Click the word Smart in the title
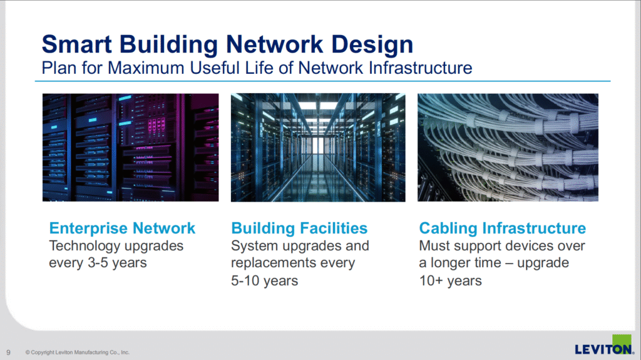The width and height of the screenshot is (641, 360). point(77,44)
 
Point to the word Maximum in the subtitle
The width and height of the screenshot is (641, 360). point(146,68)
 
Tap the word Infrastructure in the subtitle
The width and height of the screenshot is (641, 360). point(420,68)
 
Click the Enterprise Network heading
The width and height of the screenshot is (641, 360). point(122,228)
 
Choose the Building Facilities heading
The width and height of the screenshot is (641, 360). point(299,229)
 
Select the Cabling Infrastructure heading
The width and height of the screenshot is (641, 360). point(503,229)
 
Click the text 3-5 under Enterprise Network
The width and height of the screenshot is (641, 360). point(98,262)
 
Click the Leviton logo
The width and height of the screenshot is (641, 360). point(605,345)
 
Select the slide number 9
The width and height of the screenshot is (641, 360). point(9,352)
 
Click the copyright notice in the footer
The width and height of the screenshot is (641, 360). point(77,352)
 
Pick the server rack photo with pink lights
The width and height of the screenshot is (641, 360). point(130,147)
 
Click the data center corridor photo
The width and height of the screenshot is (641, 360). point(318,147)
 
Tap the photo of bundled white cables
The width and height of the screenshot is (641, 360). point(508,147)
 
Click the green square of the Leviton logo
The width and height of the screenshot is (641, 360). point(622,341)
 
